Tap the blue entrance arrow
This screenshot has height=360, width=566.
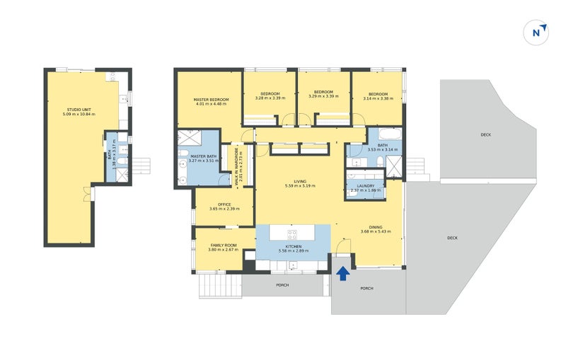pos(342,273)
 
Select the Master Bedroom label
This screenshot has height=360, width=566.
pos(210,100)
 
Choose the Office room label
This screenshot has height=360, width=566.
pos(224,204)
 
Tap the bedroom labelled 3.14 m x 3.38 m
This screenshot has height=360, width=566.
pos(378,94)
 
